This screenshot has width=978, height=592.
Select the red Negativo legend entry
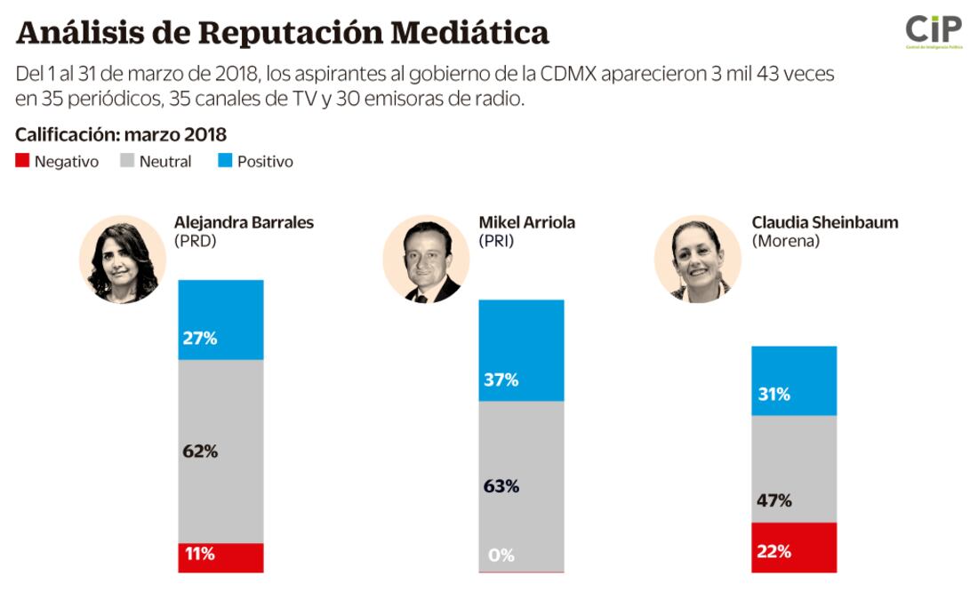point(57,162)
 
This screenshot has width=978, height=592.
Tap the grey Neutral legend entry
point(156,162)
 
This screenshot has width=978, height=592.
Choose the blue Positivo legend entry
point(255,162)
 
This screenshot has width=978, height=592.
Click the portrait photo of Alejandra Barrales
point(123,260)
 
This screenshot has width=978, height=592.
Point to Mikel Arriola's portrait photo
point(426,260)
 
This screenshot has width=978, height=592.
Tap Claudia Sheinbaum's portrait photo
point(698,260)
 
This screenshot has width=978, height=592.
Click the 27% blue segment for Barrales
point(220,320)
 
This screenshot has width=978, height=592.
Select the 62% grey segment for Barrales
point(220,451)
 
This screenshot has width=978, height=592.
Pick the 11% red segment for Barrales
point(220,557)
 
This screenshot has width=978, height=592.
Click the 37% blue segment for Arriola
point(521,350)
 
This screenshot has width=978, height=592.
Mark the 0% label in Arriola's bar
point(501,556)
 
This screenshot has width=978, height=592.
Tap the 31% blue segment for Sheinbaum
point(794,380)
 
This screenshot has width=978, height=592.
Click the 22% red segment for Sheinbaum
point(794,548)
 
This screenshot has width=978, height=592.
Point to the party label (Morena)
point(785,241)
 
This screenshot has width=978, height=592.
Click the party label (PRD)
point(196,241)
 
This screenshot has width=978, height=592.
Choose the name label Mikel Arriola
point(526,222)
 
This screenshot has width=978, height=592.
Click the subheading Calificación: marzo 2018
point(121,135)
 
